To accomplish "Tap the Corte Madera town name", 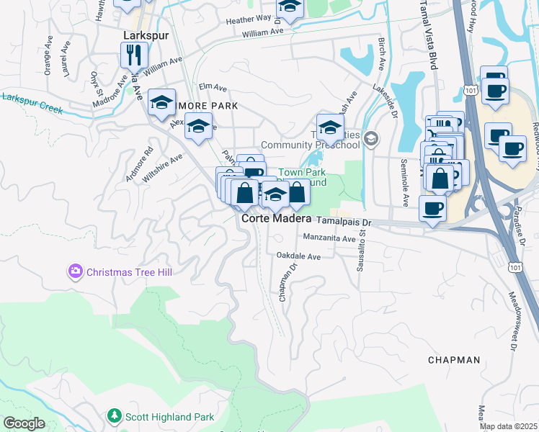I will point(276,218).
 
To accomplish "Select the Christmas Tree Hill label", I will point(130,272).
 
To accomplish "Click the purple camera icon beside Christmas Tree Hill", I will point(75,272).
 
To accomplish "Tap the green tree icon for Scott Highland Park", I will point(114,416).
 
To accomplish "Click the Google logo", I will point(24,423).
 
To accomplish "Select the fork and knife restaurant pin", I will point(134,55).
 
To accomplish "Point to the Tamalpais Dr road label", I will point(343,222).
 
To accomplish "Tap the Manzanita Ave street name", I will point(329,238).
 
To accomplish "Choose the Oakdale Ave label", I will point(298,256).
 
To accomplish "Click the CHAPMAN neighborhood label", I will point(453,359).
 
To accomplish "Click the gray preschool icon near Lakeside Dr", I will point(371,138).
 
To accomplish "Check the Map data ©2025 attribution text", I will point(509,426).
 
